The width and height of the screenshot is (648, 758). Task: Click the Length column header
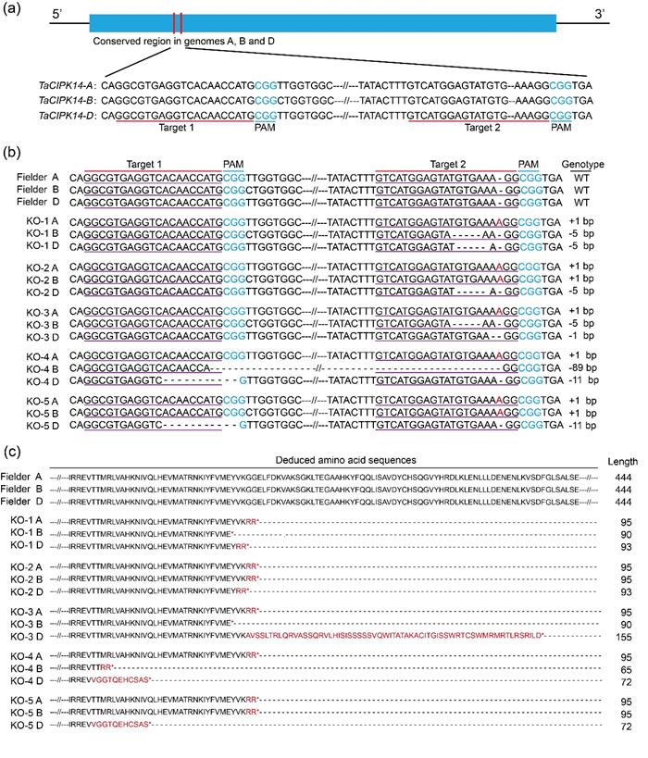point(623,460)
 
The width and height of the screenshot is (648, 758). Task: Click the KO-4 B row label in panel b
point(37,367)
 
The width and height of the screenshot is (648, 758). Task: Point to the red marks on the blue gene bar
point(177,22)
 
